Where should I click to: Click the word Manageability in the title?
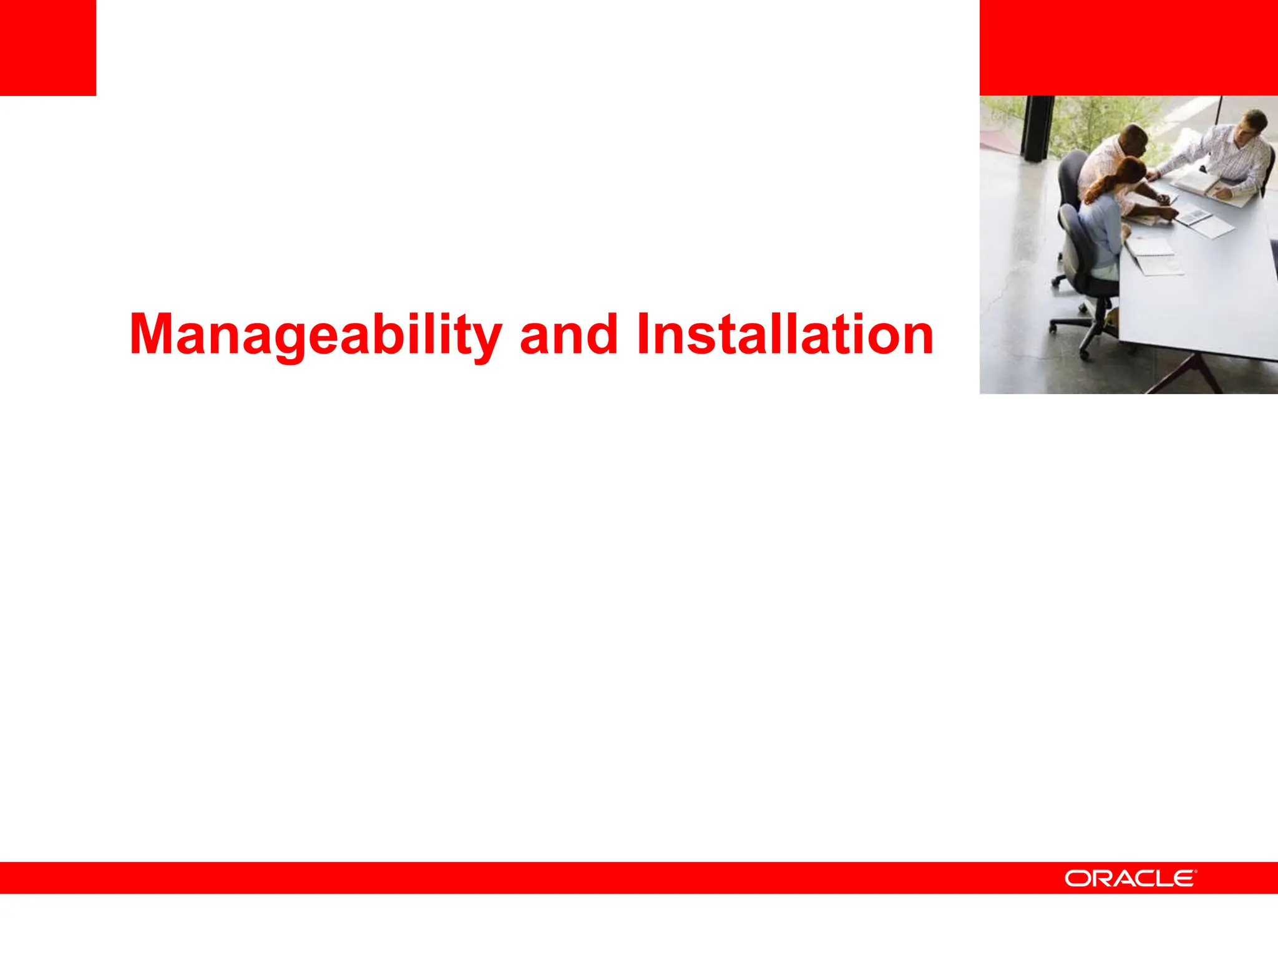pos(315,335)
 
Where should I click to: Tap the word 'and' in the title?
pos(568,335)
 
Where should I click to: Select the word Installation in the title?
pos(784,335)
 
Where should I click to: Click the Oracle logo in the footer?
pos(1130,878)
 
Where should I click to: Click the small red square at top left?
pos(47,47)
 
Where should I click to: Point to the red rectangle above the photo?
pos(1128,47)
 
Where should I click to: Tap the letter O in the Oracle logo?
pos(1076,878)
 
